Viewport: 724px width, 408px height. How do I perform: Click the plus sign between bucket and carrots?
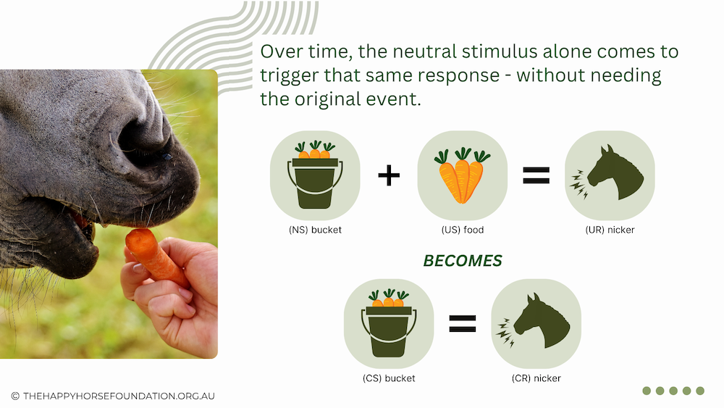click(389, 175)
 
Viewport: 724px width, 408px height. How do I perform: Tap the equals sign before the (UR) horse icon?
click(536, 175)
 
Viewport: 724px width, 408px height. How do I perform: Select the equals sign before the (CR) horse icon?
click(462, 323)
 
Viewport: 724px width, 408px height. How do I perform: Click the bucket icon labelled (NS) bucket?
click(315, 175)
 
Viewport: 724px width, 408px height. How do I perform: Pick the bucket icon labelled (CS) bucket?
click(389, 323)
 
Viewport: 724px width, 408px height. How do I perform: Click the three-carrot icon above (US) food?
click(462, 175)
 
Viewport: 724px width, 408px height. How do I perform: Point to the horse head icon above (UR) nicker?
click(609, 172)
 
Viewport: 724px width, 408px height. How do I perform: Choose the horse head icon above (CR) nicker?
click(535, 320)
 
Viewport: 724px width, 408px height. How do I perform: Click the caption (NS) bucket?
click(315, 230)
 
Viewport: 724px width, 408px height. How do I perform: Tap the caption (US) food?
click(462, 230)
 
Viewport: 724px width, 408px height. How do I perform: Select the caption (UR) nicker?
click(610, 230)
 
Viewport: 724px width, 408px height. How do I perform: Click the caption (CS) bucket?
click(389, 378)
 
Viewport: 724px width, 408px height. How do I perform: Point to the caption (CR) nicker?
click(536, 378)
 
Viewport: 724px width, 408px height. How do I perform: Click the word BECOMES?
click(462, 261)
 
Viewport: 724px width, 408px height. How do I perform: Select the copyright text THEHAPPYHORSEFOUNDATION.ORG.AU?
click(119, 396)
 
